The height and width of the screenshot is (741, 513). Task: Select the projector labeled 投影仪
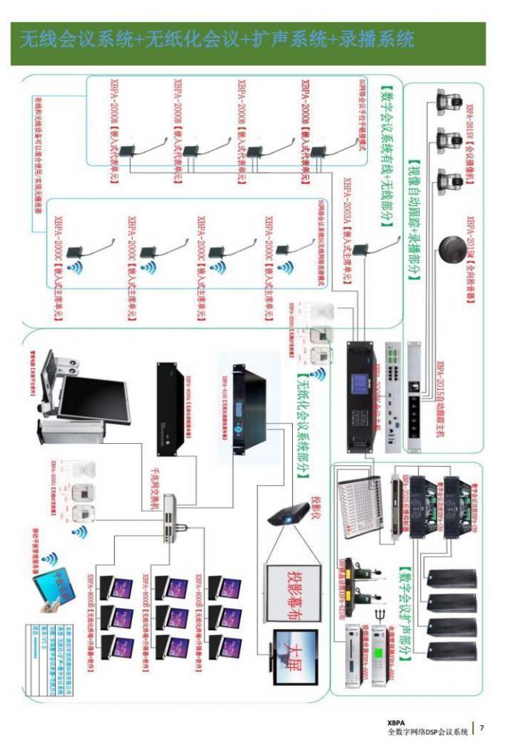pyautogui.click(x=290, y=514)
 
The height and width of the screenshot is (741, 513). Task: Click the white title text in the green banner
pyautogui.click(x=216, y=39)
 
